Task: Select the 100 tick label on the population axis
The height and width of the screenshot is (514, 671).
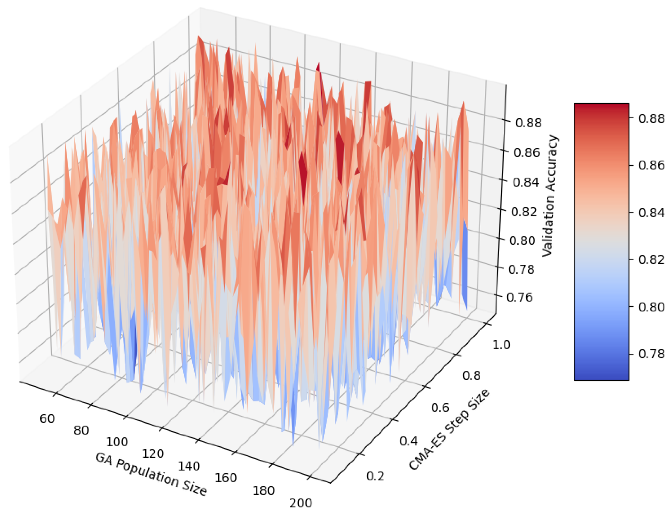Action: click(x=117, y=442)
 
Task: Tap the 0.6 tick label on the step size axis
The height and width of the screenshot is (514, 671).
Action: click(x=440, y=407)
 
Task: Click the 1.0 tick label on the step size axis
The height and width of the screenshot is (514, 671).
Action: click(x=501, y=345)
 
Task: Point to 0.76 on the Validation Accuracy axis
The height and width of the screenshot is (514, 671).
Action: click(x=519, y=297)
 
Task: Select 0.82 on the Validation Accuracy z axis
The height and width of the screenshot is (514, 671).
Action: click(x=524, y=212)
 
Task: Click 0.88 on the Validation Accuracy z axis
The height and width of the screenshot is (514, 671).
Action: click(x=528, y=123)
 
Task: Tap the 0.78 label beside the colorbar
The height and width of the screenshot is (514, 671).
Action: click(x=651, y=354)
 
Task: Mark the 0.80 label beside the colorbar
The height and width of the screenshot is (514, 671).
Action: click(x=651, y=307)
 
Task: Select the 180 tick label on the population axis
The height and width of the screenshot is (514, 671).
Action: click(x=263, y=491)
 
